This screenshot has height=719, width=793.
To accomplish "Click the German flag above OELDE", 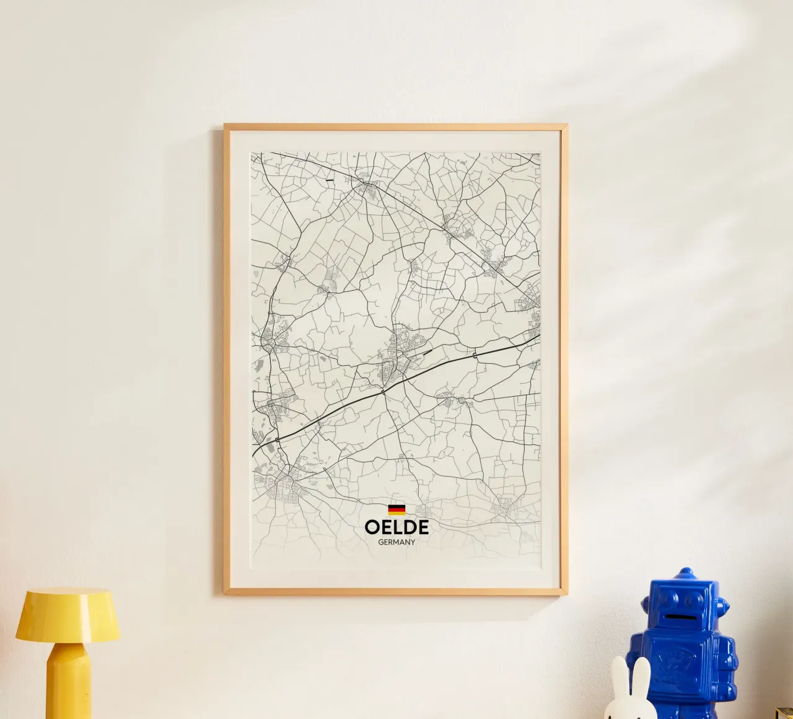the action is point(396,509).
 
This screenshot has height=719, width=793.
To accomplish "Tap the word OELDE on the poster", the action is point(396,527).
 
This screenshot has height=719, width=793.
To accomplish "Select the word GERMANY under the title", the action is point(396,542).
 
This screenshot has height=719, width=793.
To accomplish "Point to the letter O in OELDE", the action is point(372,527).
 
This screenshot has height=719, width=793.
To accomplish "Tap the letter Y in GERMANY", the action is point(413,542).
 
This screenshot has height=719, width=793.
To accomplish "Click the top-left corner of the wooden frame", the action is point(226,126).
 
